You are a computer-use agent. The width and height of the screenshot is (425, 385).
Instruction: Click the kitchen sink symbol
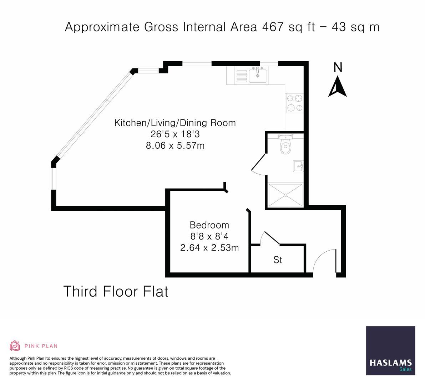257,75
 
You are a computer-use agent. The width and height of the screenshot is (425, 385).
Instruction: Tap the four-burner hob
294,103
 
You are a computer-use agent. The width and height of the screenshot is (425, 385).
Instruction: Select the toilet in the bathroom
285,145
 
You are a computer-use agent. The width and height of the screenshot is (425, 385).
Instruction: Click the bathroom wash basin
298,166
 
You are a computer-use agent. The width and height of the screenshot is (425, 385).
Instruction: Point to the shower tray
285,195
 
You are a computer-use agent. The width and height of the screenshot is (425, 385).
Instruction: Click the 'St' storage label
278,260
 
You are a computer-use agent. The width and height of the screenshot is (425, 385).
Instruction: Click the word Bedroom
209,225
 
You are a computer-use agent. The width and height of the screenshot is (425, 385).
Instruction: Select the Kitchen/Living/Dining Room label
175,123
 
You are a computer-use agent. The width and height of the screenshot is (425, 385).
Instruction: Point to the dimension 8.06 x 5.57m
175,145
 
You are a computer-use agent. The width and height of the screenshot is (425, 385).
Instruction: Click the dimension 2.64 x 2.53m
209,247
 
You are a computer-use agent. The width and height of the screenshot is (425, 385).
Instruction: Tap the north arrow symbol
338,88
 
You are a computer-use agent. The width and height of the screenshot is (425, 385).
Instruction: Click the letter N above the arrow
338,67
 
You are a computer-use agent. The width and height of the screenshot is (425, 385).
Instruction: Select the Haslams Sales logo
390,350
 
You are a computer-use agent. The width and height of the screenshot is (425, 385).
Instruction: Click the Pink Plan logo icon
15,345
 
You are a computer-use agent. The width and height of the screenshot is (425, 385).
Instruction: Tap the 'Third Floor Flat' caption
116,291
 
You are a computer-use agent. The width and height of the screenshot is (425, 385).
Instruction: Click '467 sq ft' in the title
289,27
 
